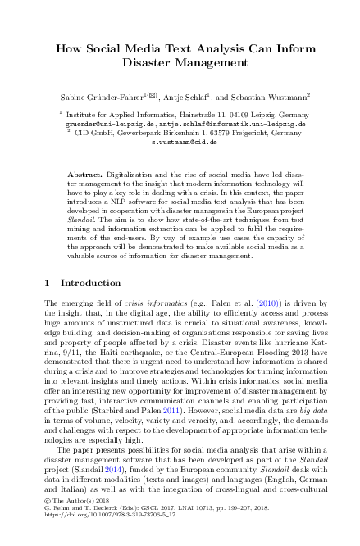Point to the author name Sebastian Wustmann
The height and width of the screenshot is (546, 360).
[x=264, y=96]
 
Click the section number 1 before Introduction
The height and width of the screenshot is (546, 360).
[x=45, y=282]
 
